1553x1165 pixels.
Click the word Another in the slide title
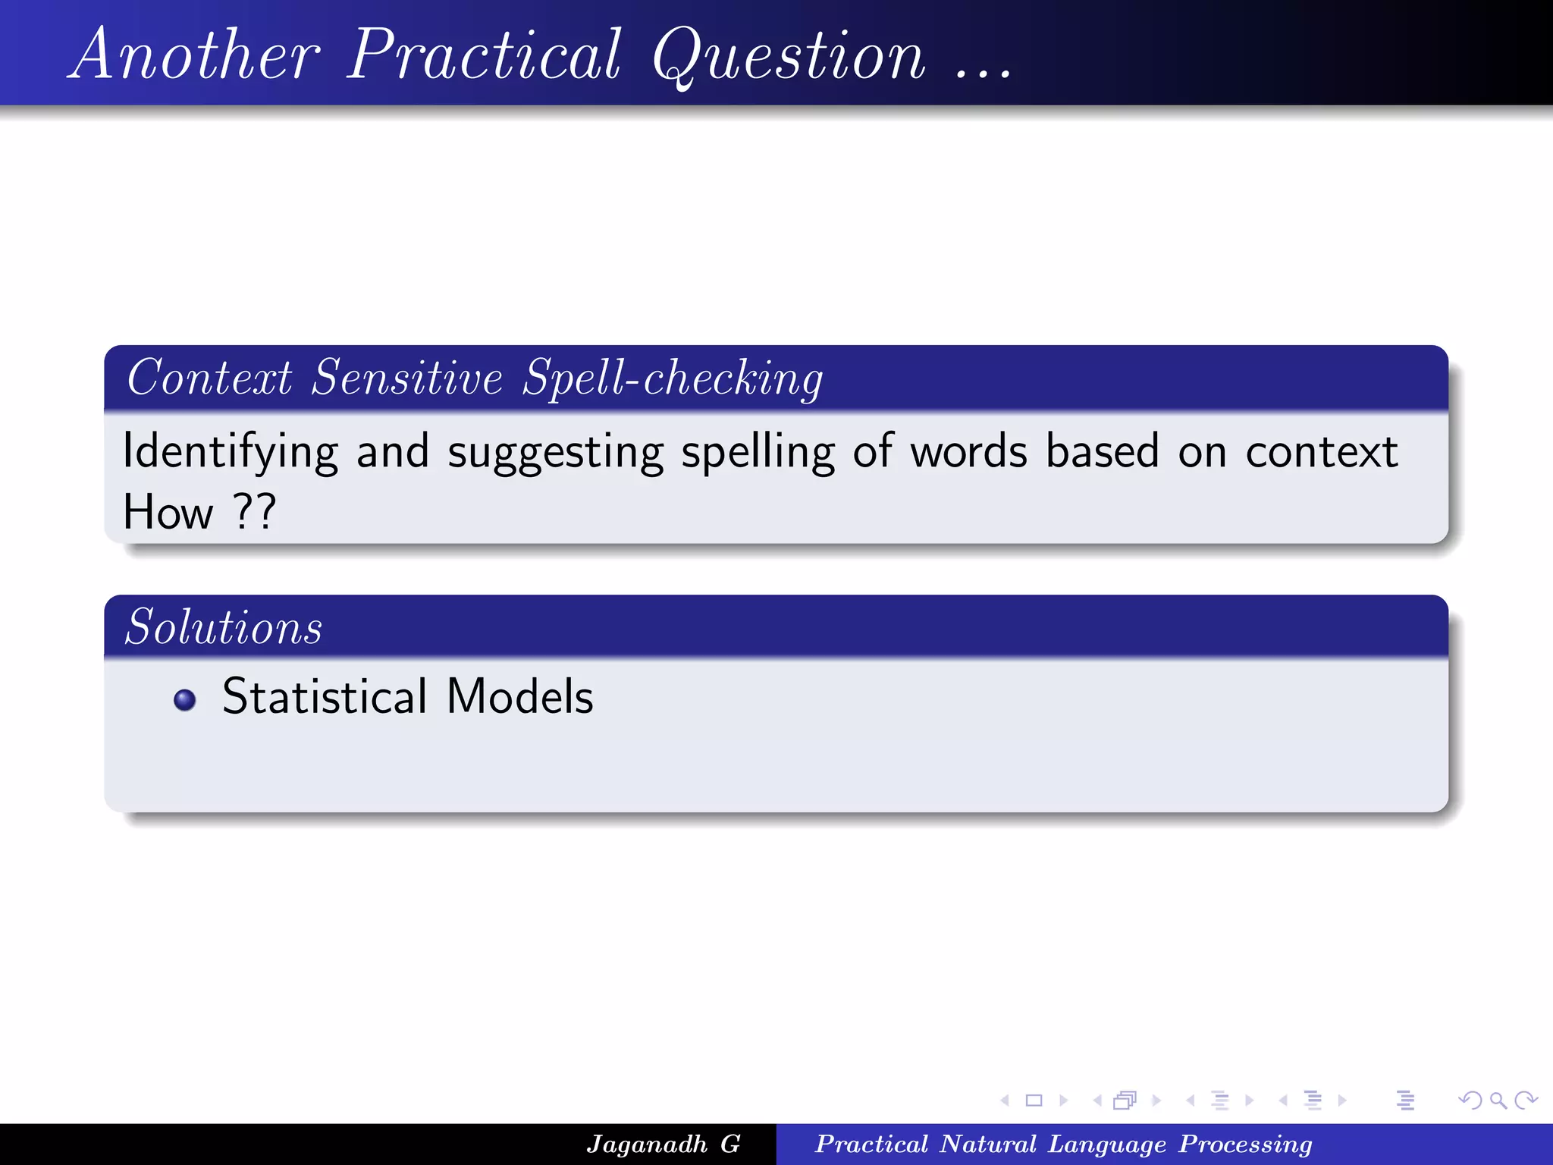click(x=195, y=55)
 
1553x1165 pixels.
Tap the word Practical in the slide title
click(x=485, y=55)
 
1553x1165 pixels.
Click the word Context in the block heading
click(x=209, y=378)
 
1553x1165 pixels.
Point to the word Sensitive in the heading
click(x=407, y=378)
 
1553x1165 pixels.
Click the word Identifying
click(x=230, y=453)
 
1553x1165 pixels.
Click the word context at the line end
click(x=1322, y=453)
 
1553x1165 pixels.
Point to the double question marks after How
click(x=254, y=511)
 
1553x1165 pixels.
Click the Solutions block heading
click(x=224, y=627)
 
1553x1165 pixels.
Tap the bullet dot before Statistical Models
click(x=184, y=699)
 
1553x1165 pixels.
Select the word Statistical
click(x=325, y=696)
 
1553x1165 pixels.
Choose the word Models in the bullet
click(x=520, y=696)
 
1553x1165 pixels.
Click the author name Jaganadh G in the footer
click(x=664, y=1144)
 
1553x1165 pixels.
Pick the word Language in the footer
click(x=1106, y=1144)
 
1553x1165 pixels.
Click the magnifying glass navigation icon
click(x=1498, y=1100)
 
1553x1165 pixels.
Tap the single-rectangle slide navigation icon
click(x=1034, y=1100)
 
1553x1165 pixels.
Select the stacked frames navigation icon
click(x=1125, y=1100)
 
